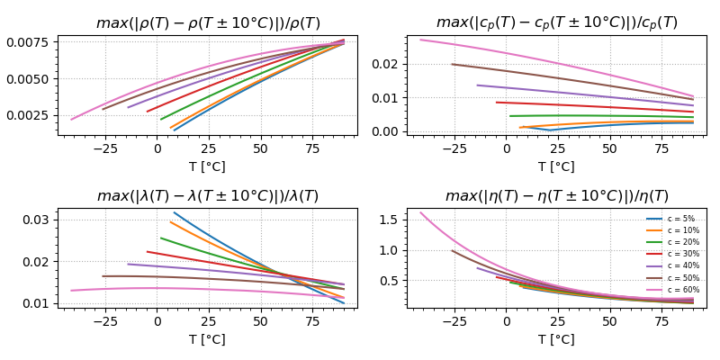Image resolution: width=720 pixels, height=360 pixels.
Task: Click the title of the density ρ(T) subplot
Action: click(208, 22)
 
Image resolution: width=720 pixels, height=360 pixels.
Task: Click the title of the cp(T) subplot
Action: click(556, 22)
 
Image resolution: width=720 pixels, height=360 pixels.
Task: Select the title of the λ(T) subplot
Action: click(208, 196)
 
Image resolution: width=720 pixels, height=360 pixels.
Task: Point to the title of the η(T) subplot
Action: click(556, 196)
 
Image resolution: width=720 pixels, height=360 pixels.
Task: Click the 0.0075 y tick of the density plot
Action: click(37, 41)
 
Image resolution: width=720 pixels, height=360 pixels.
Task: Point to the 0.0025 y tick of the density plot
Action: click(37, 115)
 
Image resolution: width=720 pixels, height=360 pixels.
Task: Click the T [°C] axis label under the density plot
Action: click(208, 166)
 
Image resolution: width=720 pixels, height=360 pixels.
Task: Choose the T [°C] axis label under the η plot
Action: click(556, 339)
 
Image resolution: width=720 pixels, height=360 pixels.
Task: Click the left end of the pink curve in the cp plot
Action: click(420, 40)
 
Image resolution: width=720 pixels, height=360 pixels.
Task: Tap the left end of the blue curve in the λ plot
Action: click(174, 212)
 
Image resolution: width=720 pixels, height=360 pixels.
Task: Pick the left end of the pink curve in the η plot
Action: click(420, 212)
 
